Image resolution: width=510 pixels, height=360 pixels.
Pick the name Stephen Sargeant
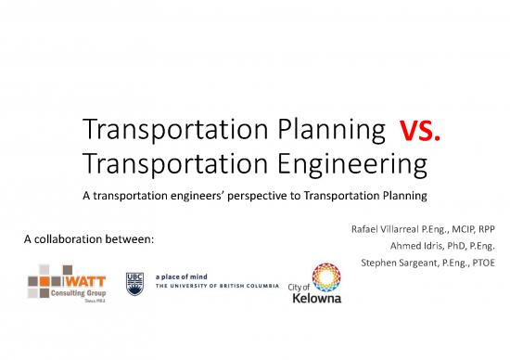[x=393, y=264]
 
